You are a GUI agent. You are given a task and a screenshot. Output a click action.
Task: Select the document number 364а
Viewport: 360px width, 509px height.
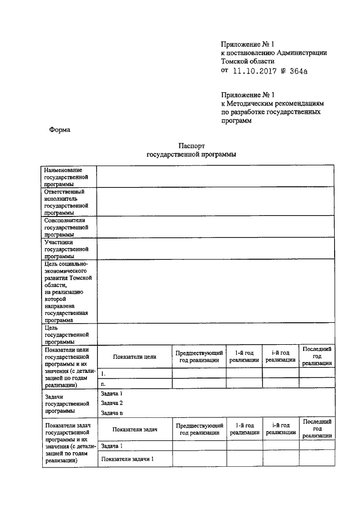[x=298, y=71]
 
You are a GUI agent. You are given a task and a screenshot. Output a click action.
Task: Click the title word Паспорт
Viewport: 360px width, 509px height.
[x=191, y=145]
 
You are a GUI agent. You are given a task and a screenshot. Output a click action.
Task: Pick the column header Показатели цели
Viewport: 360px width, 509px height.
[x=134, y=357]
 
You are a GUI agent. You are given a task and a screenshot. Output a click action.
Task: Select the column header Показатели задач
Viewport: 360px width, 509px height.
[x=134, y=430]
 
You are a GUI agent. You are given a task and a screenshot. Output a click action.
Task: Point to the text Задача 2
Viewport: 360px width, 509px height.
[x=111, y=403]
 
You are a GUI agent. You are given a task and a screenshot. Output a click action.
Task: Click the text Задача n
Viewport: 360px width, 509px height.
[x=111, y=413]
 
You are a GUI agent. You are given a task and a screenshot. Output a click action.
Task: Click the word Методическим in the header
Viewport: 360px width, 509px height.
[x=253, y=104]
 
